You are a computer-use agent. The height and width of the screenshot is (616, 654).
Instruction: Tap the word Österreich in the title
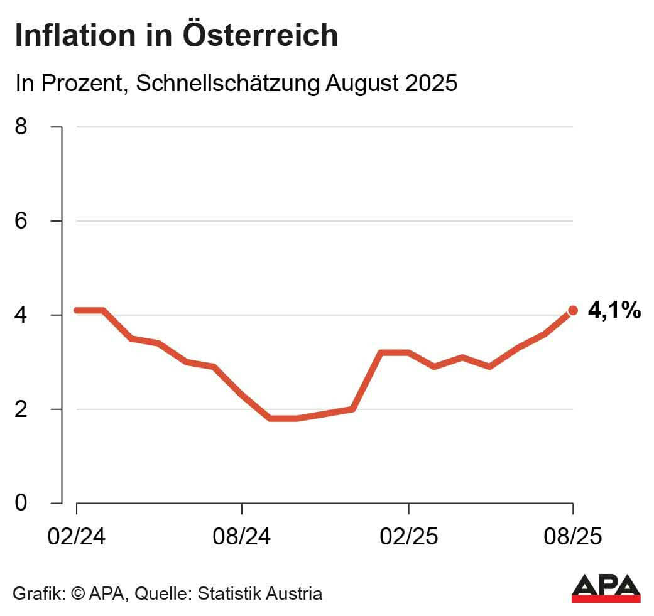[x=261, y=36]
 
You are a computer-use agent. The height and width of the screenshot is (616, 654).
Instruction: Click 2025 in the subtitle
[x=430, y=84]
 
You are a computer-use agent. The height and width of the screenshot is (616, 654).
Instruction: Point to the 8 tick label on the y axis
[x=21, y=127]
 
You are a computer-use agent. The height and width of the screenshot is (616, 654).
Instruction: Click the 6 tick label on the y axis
[x=21, y=221]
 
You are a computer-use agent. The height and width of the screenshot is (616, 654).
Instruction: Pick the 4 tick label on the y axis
[x=21, y=315]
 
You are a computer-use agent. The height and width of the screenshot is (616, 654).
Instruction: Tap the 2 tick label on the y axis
[x=21, y=409]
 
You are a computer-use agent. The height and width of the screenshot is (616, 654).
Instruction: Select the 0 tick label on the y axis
[x=21, y=503]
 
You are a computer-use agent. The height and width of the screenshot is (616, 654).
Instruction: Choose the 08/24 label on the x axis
[x=242, y=538]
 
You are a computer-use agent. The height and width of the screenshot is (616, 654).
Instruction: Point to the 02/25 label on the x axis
[x=409, y=538]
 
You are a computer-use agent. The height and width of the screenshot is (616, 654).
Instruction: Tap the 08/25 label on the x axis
[x=573, y=538]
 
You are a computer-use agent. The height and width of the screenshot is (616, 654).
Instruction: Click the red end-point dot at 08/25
[x=573, y=310]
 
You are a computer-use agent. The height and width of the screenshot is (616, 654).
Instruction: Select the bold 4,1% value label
[x=614, y=310]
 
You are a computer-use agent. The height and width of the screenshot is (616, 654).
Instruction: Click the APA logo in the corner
[x=606, y=588]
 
